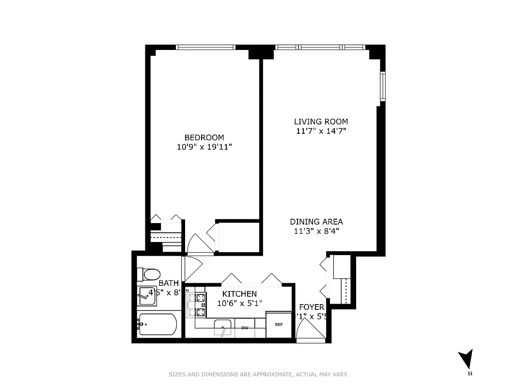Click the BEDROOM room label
pyautogui.click(x=204, y=137)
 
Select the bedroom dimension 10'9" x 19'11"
pyautogui.click(x=204, y=146)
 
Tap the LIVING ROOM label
pyautogui.click(x=321, y=122)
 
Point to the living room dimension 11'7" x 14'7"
pyautogui.click(x=321, y=131)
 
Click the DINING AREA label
pyautogui.click(x=316, y=222)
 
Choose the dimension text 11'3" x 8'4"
pyautogui.click(x=316, y=231)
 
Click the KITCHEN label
pyautogui.click(x=239, y=294)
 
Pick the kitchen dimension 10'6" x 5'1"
pyautogui.click(x=239, y=303)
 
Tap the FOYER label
pyautogui.click(x=311, y=307)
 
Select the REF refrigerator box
pyautogui.click(x=279, y=324)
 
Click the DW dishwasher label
pyautogui.click(x=245, y=328)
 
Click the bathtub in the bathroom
pyautogui.click(x=157, y=324)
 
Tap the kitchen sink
pyautogui.click(x=224, y=327)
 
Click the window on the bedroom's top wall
pyautogui.click(x=205, y=47)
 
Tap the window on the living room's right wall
pyautogui.click(x=382, y=86)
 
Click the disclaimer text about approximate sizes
pyautogui.click(x=258, y=374)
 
